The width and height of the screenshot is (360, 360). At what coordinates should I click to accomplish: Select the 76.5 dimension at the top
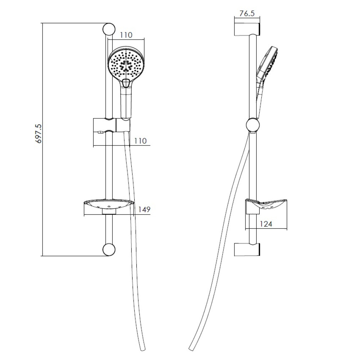[247, 13]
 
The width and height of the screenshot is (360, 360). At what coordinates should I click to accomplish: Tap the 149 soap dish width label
[144, 210]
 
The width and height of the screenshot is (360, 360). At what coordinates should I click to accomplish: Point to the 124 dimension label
[266, 224]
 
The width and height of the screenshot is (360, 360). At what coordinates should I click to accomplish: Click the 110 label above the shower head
[126, 35]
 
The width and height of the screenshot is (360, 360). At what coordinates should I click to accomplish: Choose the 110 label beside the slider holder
[140, 141]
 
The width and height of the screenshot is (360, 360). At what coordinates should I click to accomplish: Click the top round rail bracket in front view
[109, 29]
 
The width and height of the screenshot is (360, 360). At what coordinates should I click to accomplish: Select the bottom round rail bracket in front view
[109, 249]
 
